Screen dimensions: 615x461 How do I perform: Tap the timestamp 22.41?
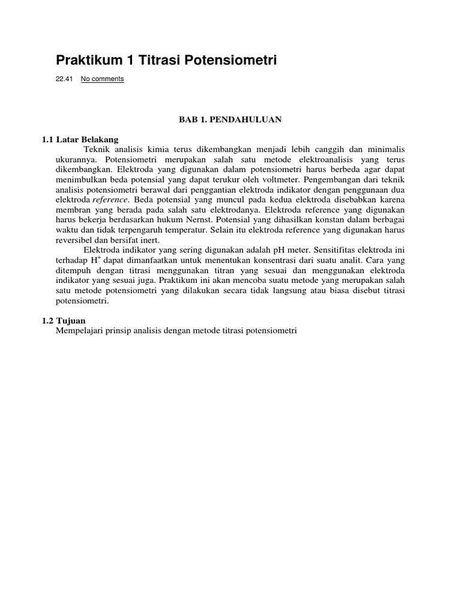64,79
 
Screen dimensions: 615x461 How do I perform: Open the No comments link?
103,79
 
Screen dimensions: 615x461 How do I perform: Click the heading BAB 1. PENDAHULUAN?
230,120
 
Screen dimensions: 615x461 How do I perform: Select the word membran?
71,209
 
